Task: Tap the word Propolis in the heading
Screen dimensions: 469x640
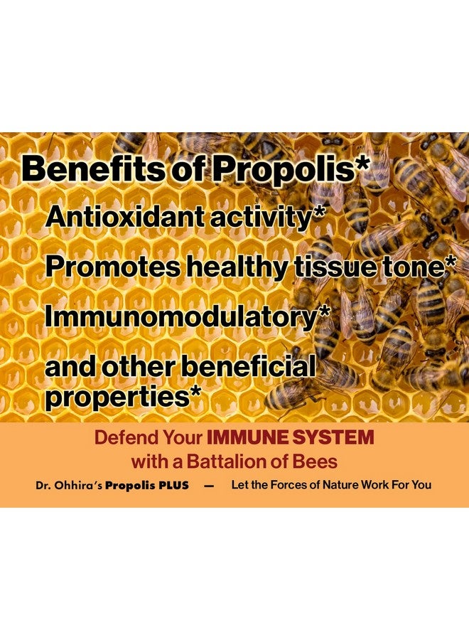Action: pyautogui.click(x=283, y=170)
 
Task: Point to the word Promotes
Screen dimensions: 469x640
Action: pyautogui.click(x=112, y=267)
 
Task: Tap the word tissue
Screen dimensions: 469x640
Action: pyautogui.click(x=334, y=267)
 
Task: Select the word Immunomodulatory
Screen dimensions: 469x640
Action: pyautogui.click(x=180, y=317)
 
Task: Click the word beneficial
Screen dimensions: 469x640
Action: pyautogui.click(x=249, y=366)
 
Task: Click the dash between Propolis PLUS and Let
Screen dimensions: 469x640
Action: pyautogui.click(x=209, y=486)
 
